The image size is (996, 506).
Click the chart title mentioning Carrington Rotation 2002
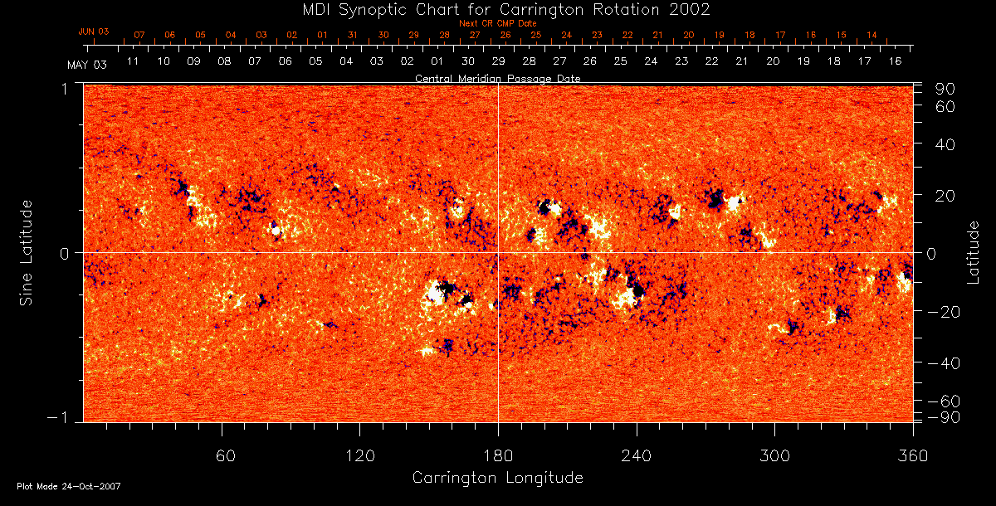(x=497, y=9)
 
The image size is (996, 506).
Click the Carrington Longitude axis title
(x=497, y=478)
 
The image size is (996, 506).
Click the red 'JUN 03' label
(x=94, y=32)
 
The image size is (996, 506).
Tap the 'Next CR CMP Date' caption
(x=497, y=23)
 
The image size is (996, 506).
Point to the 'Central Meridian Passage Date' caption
(x=497, y=78)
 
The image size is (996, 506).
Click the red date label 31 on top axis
(x=353, y=36)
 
